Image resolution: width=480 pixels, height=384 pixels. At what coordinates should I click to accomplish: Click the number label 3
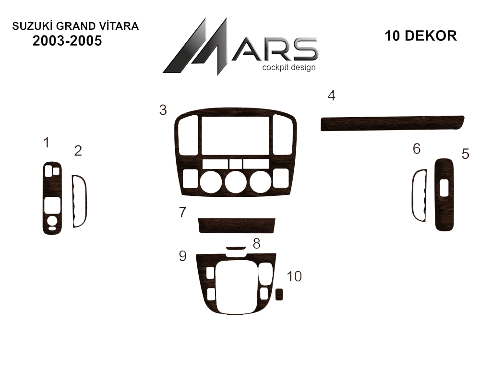pyautogui.click(x=163, y=110)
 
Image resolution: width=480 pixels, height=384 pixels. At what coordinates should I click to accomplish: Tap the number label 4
pyautogui.click(x=332, y=96)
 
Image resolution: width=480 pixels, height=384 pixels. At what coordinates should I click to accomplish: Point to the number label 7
pyautogui.click(x=183, y=212)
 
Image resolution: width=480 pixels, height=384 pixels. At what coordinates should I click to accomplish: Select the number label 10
pyautogui.click(x=294, y=276)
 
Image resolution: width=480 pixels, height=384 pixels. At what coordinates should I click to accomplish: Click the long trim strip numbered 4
pyautogui.click(x=392, y=123)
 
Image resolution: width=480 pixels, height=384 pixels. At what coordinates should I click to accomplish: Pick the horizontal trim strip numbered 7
pyautogui.click(x=237, y=226)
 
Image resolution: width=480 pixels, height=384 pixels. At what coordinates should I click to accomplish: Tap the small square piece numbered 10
pyautogui.click(x=279, y=294)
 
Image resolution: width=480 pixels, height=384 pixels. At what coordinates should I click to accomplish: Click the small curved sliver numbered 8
pyautogui.click(x=236, y=248)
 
